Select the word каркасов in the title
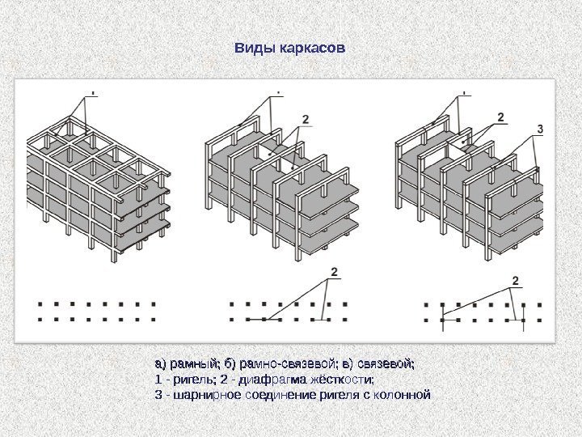pyautogui.click(x=313, y=49)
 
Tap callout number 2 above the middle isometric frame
pyautogui.click(x=306, y=119)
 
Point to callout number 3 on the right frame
pyautogui.click(x=540, y=129)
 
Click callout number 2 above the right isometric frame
pyautogui.click(x=501, y=117)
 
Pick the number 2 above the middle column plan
pyautogui.click(x=334, y=272)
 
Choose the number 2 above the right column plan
pyautogui.click(x=515, y=281)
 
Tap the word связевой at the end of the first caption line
pyautogui.click(x=386, y=364)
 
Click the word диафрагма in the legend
pyautogui.click(x=272, y=380)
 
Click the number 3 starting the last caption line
pyautogui.click(x=158, y=395)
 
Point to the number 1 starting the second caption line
pyautogui.click(x=158, y=380)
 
